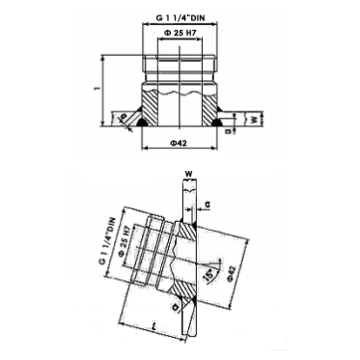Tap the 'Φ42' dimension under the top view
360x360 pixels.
tap(178, 146)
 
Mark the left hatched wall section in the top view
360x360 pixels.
tap(152, 107)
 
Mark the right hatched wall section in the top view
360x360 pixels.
tap(207, 107)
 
